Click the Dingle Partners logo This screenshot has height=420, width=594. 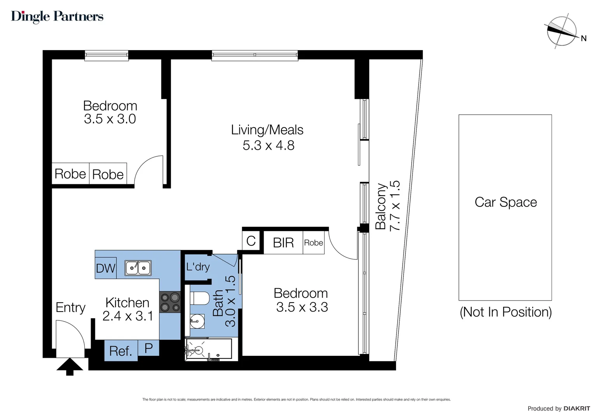[57, 16]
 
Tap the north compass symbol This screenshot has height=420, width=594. [562, 31]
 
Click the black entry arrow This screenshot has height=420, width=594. [70, 367]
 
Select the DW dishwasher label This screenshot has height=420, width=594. [106, 268]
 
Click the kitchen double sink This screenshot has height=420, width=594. [138, 268]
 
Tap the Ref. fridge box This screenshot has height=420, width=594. [121, 351]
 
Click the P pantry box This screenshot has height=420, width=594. [148, 348]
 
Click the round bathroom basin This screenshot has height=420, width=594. [197, 322]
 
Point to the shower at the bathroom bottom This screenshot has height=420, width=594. [208, 349]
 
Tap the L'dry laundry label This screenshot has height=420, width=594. [198, 267]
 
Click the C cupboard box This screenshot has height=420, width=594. [251, 241]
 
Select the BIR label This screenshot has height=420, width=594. [283, 243]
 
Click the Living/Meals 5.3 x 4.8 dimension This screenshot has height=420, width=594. [268, 145]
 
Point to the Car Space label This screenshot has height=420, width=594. [505, 202]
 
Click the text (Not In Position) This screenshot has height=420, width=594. [505, 312]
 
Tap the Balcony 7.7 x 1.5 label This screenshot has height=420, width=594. [388, 206]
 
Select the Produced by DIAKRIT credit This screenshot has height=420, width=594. [558, 408]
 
